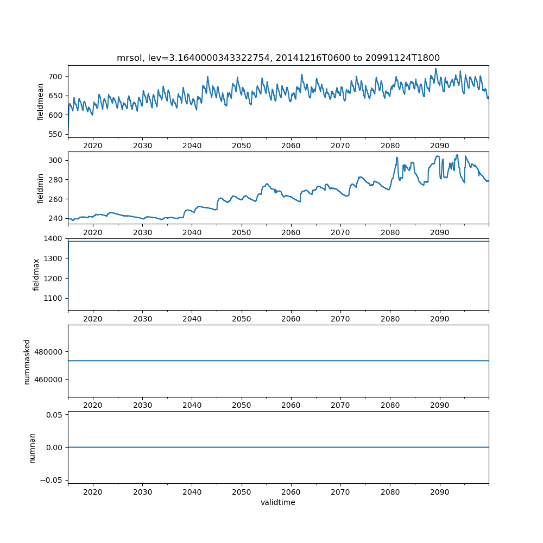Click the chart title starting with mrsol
[x=278, y=58]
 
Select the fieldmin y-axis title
[x=40, y=188]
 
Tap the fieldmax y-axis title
[x=36, y=274]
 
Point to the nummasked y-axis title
[x=27, y=361]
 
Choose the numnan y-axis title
[x=33, y=447]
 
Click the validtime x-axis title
[x=278, y=503]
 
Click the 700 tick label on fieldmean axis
[x=56, y=77]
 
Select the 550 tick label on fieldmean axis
[x=56, y=134]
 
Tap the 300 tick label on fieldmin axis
[x=56, y=160]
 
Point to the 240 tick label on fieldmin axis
[x=56, y=218]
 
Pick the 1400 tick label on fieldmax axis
[x=54, y=239]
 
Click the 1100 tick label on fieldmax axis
[x=54, y=298]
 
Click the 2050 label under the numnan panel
[x=242, y=492]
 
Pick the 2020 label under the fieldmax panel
[x=93, y=319]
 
